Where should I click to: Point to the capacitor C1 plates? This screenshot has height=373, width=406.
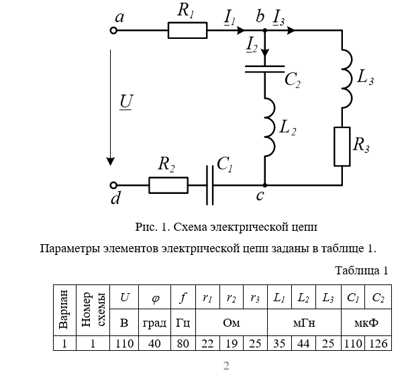tap(210, 185)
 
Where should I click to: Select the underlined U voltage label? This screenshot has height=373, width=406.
tap(125, 102)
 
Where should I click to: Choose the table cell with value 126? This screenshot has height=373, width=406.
tap(378, 343)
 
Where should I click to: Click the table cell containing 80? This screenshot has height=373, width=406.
tap(183, 343)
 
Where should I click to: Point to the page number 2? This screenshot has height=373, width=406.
tap(226, 365)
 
